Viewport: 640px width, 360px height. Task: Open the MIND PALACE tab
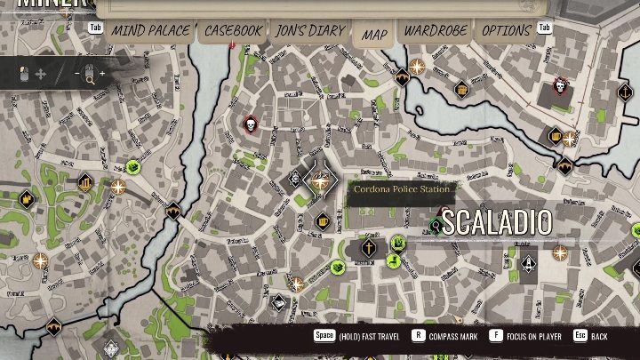(150, 31)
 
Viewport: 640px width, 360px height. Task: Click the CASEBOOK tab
(234, 31)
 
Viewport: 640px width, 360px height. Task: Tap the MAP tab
(374, 35)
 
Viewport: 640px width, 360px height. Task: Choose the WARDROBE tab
(436, 31)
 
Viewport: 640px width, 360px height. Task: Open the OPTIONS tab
(506, 31)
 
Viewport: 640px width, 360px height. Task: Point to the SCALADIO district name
(496, 222)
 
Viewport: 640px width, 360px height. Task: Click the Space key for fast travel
(324, 336)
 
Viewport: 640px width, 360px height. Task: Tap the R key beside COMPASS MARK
(418, 336)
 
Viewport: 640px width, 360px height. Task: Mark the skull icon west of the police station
(250, 124)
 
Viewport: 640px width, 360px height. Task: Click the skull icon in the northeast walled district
(560, 85)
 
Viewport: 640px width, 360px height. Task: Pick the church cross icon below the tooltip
(368, 249)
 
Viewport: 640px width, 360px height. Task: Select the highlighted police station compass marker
(320, 180)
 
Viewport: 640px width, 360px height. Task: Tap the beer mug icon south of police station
(323, 220)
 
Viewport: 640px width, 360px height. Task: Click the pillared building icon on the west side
(86, 184)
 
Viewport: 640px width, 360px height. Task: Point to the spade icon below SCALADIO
(529, 264)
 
